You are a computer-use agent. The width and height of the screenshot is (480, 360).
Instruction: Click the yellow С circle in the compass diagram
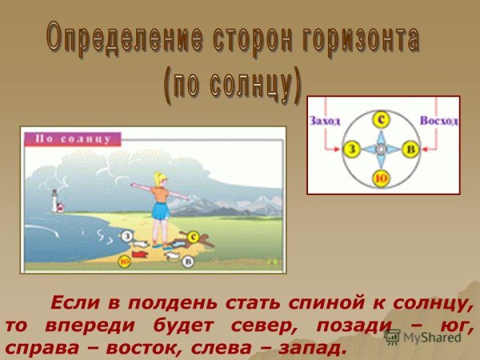tap(383, 120)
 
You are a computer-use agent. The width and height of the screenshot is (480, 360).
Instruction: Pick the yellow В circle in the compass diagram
tap(410, 150)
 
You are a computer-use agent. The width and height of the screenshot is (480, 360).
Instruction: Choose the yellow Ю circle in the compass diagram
tap(382, 178)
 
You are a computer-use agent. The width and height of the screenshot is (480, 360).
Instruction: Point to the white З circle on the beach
tap(126, 235)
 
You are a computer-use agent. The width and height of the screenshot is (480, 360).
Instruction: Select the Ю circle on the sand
tap(125, 260)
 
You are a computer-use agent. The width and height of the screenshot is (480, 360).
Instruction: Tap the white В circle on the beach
tap(189, 261)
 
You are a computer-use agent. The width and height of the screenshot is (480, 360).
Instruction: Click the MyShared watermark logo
tap(424, 337)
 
